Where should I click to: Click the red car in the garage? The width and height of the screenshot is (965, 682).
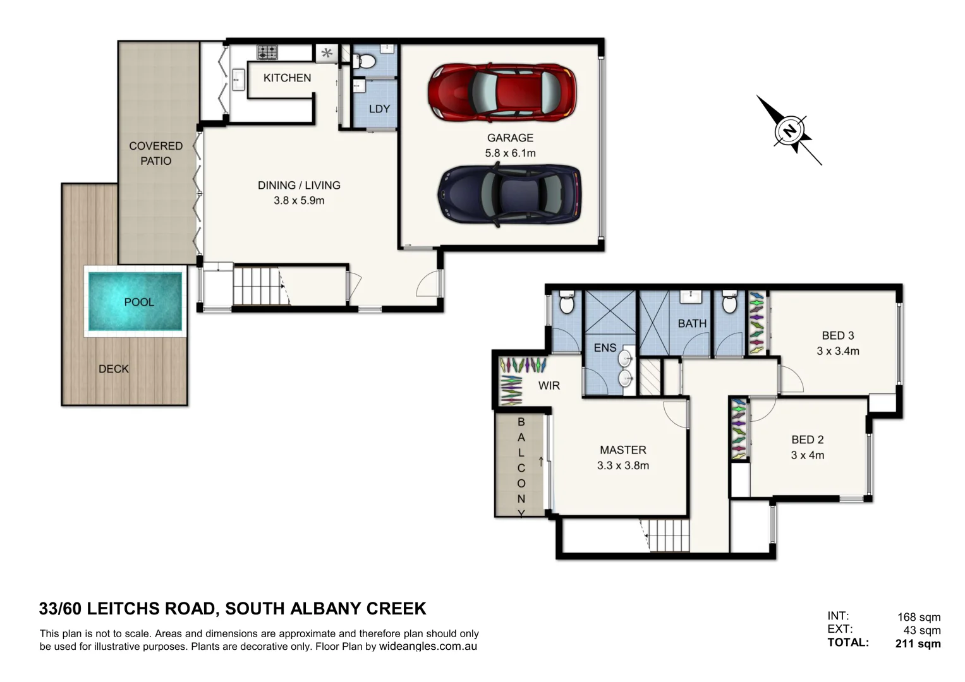tap(502, 93)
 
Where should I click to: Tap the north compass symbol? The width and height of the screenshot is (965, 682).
tap(789, 131)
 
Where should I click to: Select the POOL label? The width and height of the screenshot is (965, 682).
tap(139, 302)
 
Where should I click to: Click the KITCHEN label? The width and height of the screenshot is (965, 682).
tap(287, 78)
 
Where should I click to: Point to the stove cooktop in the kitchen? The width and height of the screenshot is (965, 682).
tap(267, 52)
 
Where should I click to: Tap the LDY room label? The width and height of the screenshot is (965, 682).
tap(379, 109)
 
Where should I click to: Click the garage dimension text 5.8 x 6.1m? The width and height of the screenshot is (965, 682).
tap(510, 153)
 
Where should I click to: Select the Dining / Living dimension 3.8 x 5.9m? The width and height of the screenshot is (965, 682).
tap(299, 200)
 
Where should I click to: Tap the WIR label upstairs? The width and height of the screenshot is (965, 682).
tap(549, 385)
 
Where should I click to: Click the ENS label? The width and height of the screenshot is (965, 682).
tap(605, 347)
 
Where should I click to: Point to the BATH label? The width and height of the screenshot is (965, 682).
tap(692, 323)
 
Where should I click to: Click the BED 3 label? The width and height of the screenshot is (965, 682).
tap(837, 335)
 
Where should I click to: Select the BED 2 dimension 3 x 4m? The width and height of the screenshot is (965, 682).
tap(807, 455)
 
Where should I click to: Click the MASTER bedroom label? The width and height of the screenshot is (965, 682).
tap(622, 450)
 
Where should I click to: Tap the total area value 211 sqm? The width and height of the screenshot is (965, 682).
tap(918, 643)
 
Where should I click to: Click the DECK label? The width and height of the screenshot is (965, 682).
tap(114, 369)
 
